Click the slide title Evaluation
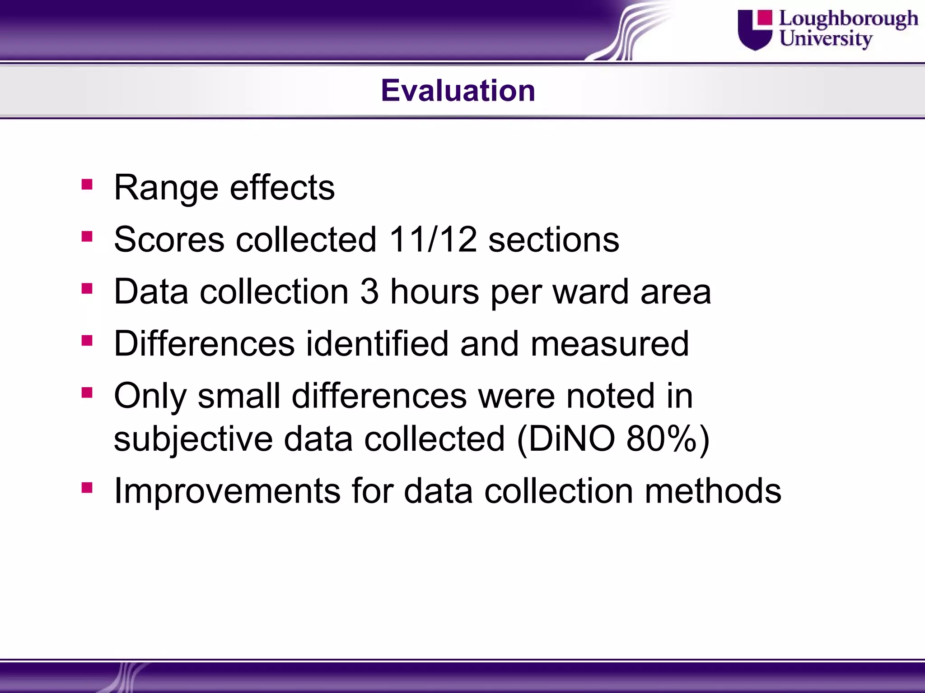point(458,90)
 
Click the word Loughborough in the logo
point(848,19)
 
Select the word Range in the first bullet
point(166,188)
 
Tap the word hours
point(434,291)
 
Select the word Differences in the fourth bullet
point(204,344)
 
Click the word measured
point(610,344)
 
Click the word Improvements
point(227,491)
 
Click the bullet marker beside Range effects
point(87,185)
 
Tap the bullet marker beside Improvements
point(87,488)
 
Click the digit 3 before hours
point(369,291)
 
